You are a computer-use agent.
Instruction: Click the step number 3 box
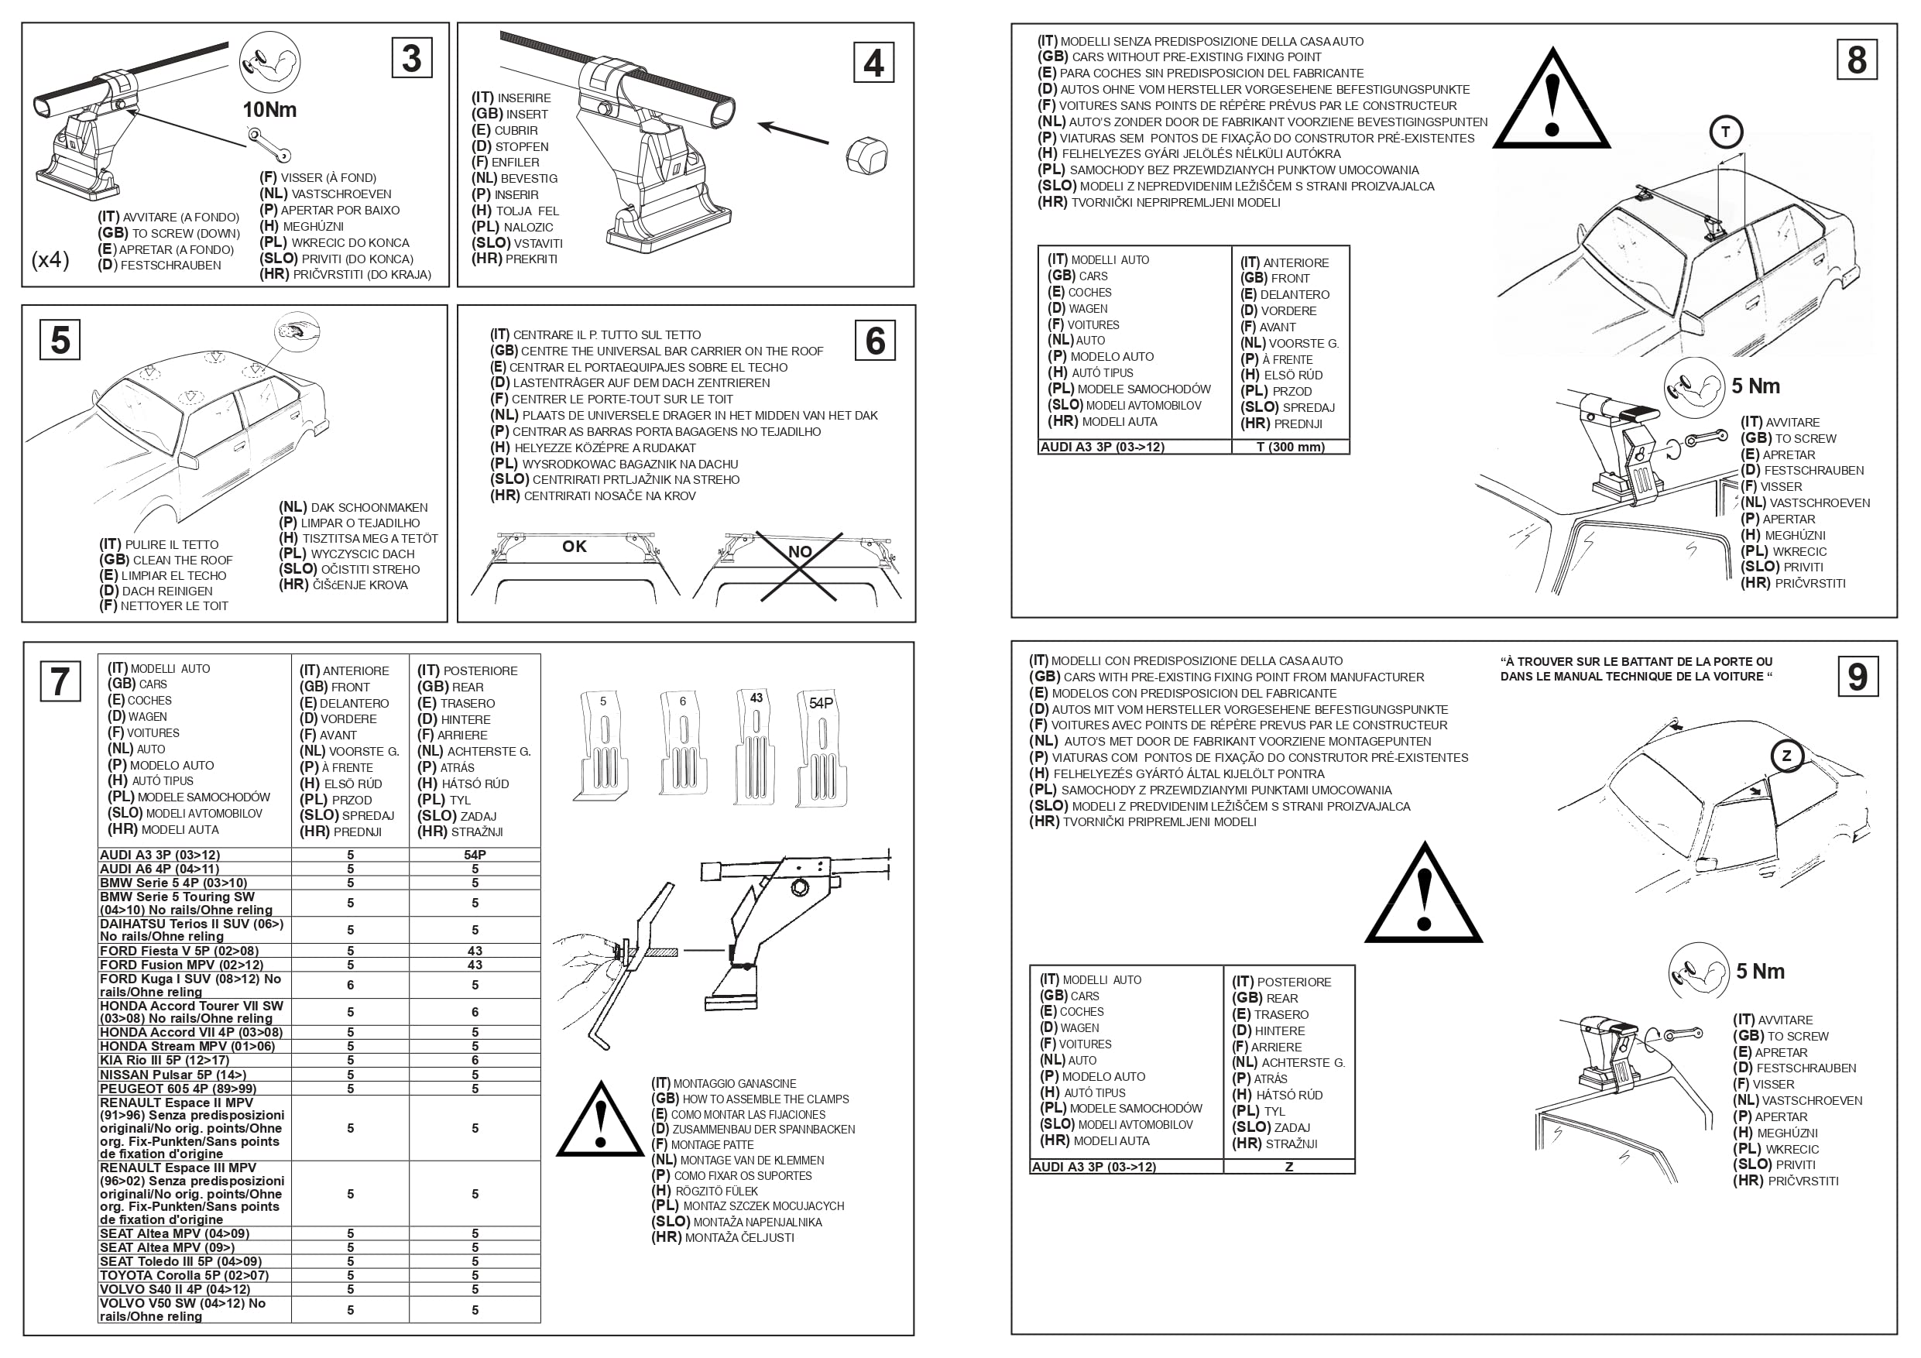(x=412, y=59)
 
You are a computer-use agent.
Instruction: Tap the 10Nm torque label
(x=269, y=110)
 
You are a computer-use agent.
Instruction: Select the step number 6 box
(x=875, y=341)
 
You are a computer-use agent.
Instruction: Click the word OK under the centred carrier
(x=574, y=547)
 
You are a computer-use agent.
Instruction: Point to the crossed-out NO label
(x=800, y=551)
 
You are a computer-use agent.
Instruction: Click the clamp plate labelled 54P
(x=821, y=748)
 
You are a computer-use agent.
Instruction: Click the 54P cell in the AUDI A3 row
(x=475, y=854)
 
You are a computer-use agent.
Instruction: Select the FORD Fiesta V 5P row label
(x=179, y=951)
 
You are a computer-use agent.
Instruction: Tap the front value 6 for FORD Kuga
(x=351, y=985)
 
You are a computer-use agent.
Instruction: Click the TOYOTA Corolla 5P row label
(x=184, y=1275)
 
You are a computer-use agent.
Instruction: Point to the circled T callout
(x=1725, y=132)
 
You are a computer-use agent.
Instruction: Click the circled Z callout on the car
(x=1786, y=756)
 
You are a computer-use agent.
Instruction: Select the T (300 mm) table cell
(x=1290, y=447)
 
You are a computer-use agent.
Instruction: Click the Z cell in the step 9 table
(x=1288, y=1167)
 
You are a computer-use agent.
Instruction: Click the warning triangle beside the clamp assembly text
(x=600, y=1121)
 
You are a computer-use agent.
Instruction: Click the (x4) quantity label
(x=50, y=259)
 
